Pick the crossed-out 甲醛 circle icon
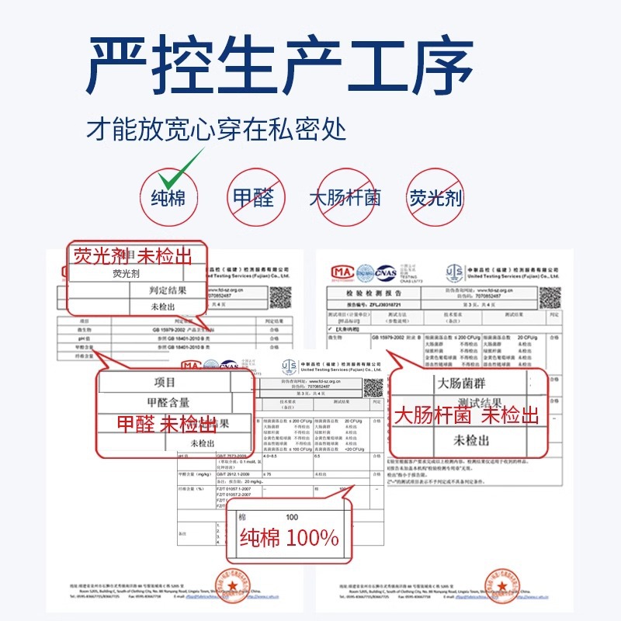253,197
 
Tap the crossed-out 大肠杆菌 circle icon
345,197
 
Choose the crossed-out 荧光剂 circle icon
435,197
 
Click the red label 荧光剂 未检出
132,256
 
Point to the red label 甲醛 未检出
166,424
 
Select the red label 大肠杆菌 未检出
466,416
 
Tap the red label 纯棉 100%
289,537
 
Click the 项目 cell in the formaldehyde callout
165,383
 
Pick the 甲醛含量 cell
168,403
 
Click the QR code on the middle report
373,386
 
